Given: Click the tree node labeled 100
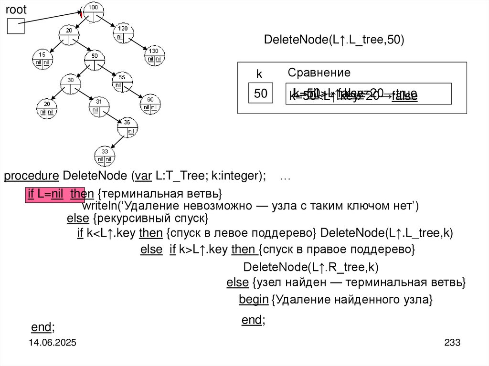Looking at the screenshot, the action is pyautogui.click(x=93, y=11).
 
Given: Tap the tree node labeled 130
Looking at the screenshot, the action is pyautogui.click(x=154, y=54).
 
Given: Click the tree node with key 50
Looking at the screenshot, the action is pyautogui.click(x=94, y=60).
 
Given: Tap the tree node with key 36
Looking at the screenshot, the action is pyautogui.click(x=128, y=126).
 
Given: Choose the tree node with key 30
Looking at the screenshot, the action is pyautogui.click(x=70, y=84).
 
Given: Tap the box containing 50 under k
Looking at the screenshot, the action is pyautogui.click(x=260, y=94).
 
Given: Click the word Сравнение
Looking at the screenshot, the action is pyautogui.click(x=319, y=73).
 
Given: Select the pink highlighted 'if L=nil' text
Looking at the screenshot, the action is pyautogui.click(x=55, y=195).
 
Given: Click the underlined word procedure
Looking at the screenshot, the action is pyautogui.click(x=31, y=176).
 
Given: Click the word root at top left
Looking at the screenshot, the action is pyautogui.click(x=16, y=9).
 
